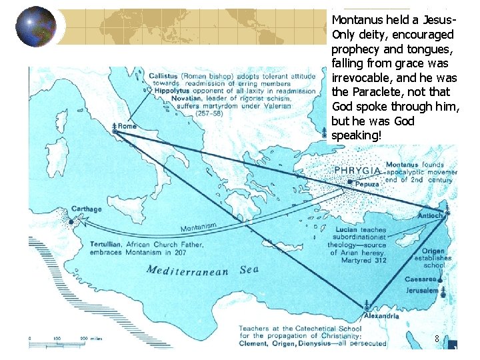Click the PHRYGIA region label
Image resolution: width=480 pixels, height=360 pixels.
[357, 170]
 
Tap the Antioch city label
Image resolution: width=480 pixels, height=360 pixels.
[431, 215]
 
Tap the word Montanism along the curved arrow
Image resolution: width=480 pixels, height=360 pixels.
[198, 227]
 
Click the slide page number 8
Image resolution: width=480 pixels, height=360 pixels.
[436, 339]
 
